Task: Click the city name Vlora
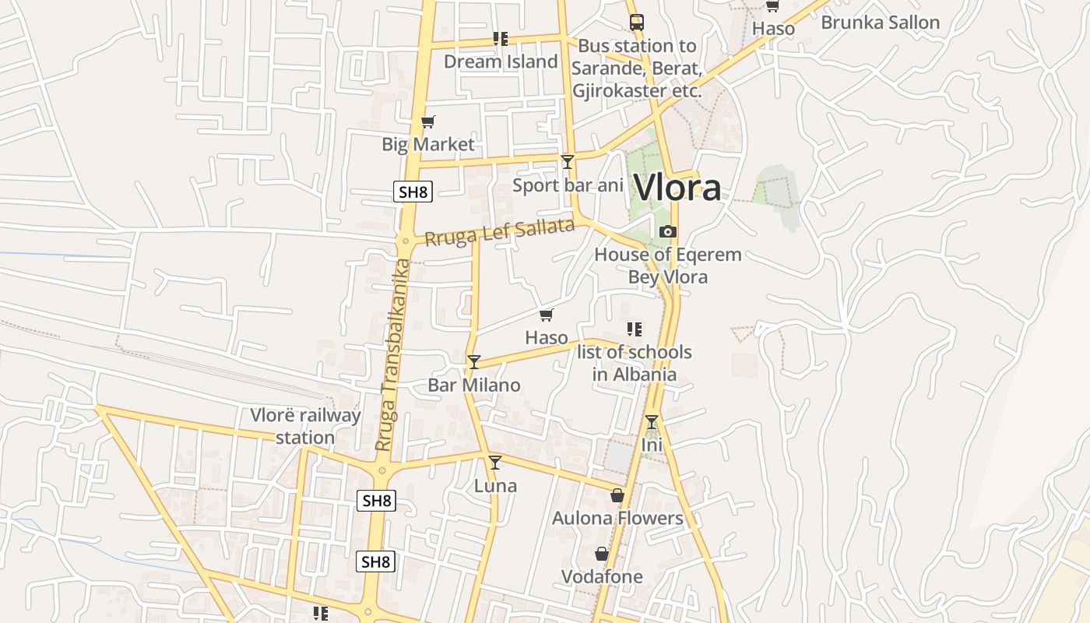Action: tap(677, 188)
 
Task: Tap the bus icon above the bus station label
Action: tap(637, 22)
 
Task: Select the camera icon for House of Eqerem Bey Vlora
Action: tap(668, 231)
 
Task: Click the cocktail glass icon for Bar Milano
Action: tap(473, 361)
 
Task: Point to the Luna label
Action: tap(495, 486)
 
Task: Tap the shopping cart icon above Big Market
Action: tap(427, 121)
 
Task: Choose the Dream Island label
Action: tap(501, 62)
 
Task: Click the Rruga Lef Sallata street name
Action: tap(500, 232)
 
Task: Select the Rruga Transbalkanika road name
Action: tap(392, 354)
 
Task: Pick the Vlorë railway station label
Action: tap(305, 426)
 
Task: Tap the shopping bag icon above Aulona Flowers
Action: tap(617, 495)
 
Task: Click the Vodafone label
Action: tap(603, 577)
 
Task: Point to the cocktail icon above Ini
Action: tap(652, 422)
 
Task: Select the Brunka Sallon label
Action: tap(881, 23)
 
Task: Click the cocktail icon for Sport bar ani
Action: tap(568, 161)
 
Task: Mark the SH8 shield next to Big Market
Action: tap(413, 192)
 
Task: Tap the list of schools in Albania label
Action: tap(635, 363)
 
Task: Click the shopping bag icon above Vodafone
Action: tap(602, 554)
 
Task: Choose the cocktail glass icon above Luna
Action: tap(494, 462)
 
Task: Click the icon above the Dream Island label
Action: tap(501, 39)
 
